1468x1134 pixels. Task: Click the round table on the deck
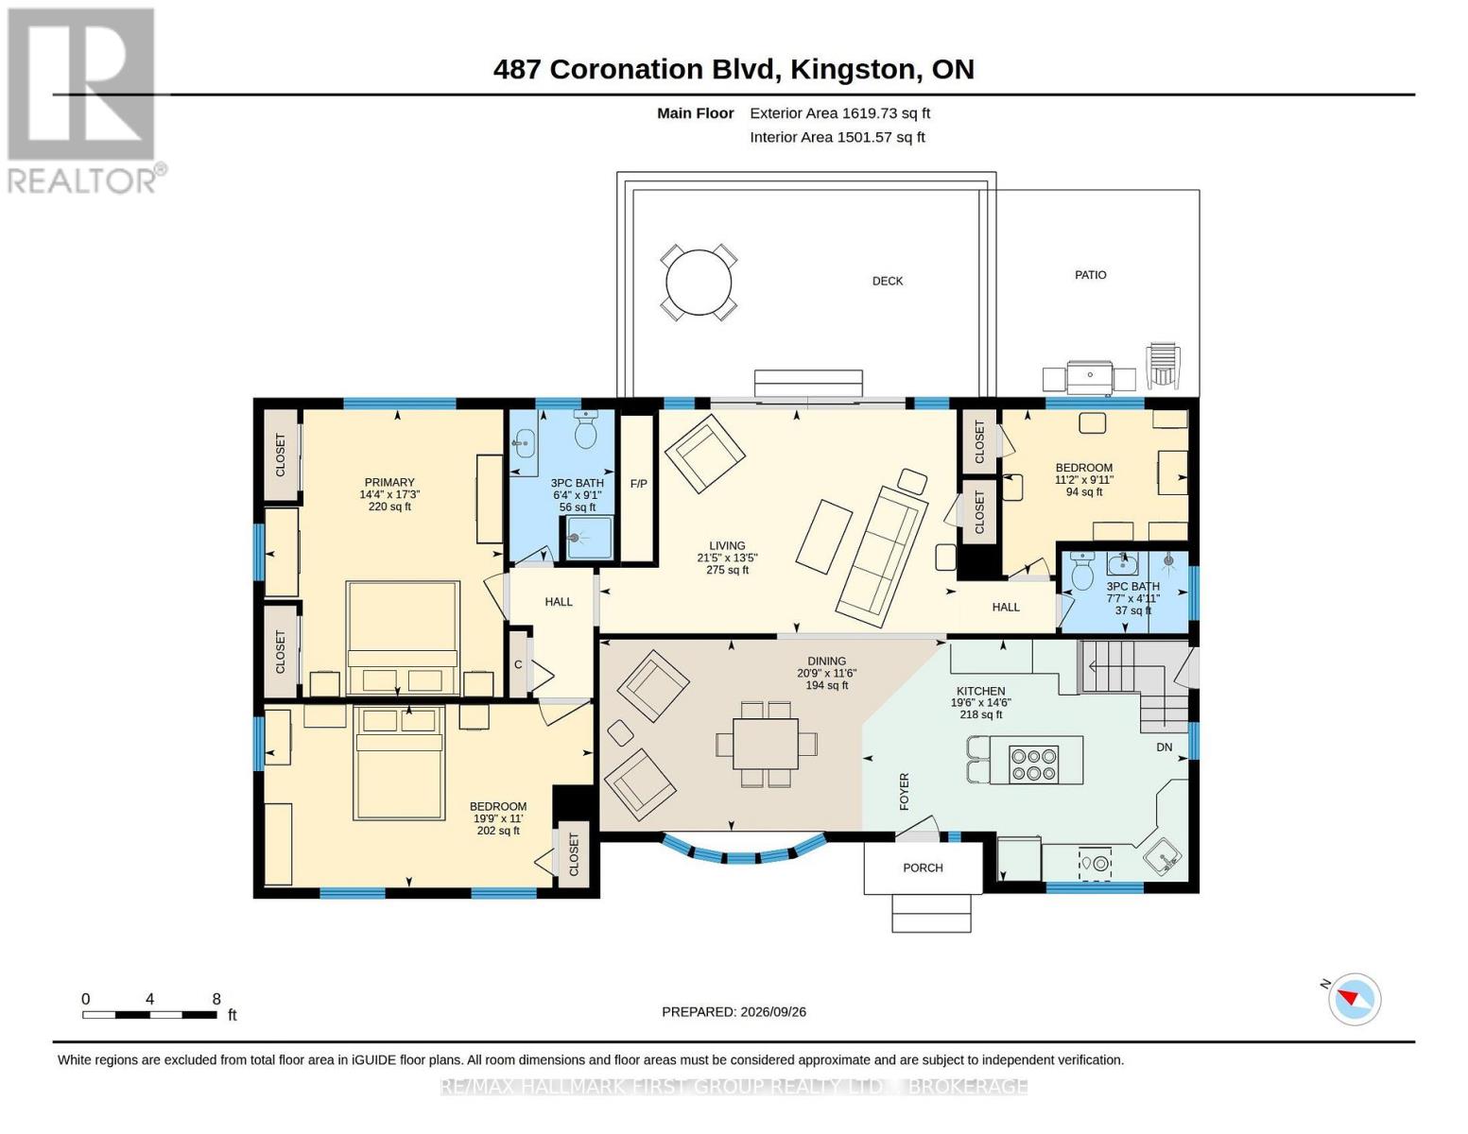(x=698, y=283)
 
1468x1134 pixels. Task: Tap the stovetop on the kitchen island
(x=1033, y=765)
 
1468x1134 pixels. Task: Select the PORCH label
(x=923, y=868)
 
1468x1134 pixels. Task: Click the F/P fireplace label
(x=638, y=484)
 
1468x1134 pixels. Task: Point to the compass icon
(x=1354, y=999)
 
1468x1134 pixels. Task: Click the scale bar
(x=150, y=1014)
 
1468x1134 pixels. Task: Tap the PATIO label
(x=1090, y=275)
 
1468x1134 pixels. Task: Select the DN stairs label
(x=1164, y=747)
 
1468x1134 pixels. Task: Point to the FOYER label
(x=904, y=792)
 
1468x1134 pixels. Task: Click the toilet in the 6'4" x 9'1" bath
(x=585, y=429)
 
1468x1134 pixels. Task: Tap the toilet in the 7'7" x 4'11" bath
(x=1082, y=571)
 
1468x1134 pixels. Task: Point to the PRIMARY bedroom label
(x=389, y=482)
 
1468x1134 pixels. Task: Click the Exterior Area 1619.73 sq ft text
(x=839, y=113)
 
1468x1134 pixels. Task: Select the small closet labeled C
(x=518, y=664)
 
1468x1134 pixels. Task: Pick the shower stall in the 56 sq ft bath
(x=589, y=539)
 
